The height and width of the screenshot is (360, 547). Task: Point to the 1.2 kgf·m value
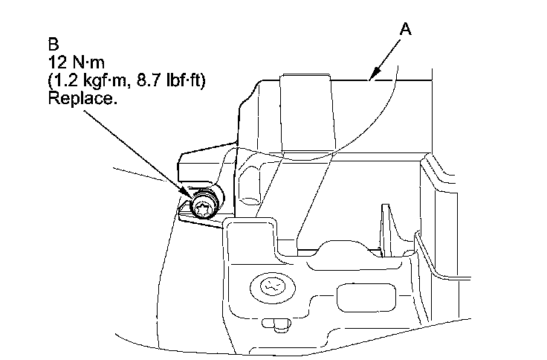pyautogui.click(x=90, y=80)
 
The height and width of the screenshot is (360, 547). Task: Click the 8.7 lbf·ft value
pyautogui.click(x=168, y=80)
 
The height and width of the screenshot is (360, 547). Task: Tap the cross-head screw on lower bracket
pyautogui.click(x=268, y=287)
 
